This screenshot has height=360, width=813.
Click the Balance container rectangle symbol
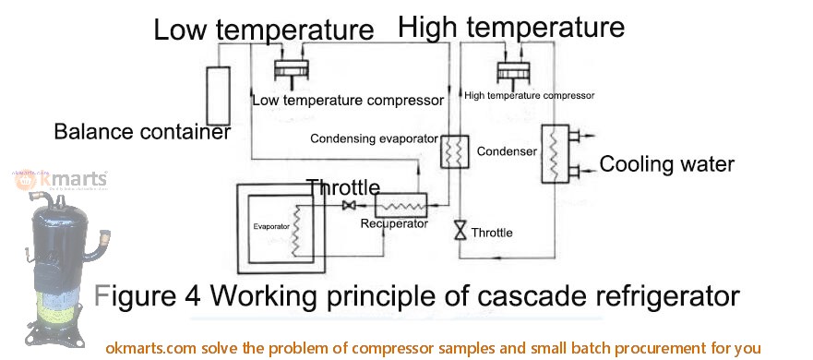tap(220, 94)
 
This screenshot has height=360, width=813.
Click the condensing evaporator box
tap(452, 151)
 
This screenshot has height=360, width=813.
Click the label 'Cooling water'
tap(666, 165)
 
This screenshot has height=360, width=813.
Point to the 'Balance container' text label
tap(141, 132)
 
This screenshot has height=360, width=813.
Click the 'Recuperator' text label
tap(394, 223)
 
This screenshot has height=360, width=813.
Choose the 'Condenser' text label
tap(507, 150)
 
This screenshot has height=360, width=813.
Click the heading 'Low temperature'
tap(263, 30)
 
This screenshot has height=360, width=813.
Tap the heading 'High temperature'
tap(510, 28)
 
